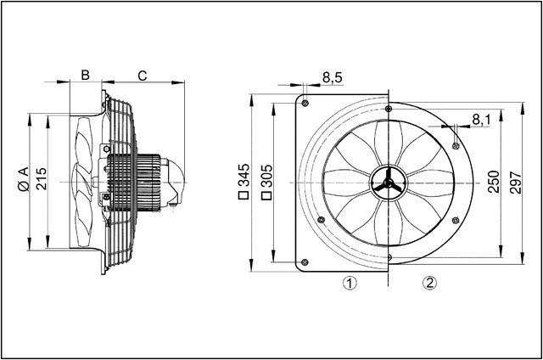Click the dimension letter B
[84, 75]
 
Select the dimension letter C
[143, 75]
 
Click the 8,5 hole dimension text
[333, 78]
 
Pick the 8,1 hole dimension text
[480, 121]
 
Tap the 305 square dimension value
[266, 181]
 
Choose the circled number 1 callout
[348, 283]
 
